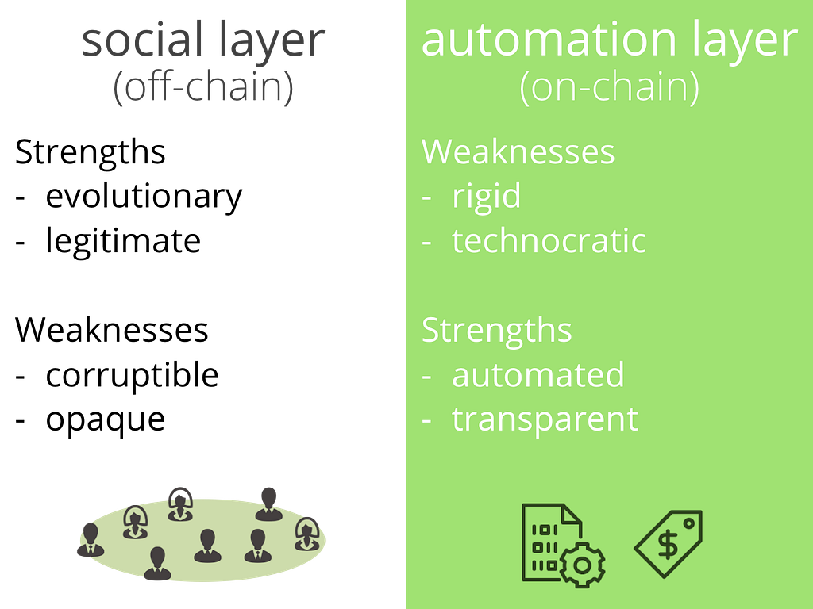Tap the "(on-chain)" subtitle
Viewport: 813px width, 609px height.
[609, 88]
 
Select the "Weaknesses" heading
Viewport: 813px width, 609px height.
[518, 151]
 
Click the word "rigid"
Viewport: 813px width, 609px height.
[486, 195]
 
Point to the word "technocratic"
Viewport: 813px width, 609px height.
[549, 240]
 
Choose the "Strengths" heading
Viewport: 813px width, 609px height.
[496, 330]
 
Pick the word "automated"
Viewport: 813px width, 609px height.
[538, 374]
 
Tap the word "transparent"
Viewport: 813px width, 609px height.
[545, 419]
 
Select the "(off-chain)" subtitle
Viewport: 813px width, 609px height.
[203, 88]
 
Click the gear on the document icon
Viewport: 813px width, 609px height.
[582, 564]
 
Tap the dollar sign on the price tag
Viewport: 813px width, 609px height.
[669, 545]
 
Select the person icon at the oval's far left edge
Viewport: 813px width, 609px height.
[90, 539]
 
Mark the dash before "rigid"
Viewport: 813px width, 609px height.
[427, 197]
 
